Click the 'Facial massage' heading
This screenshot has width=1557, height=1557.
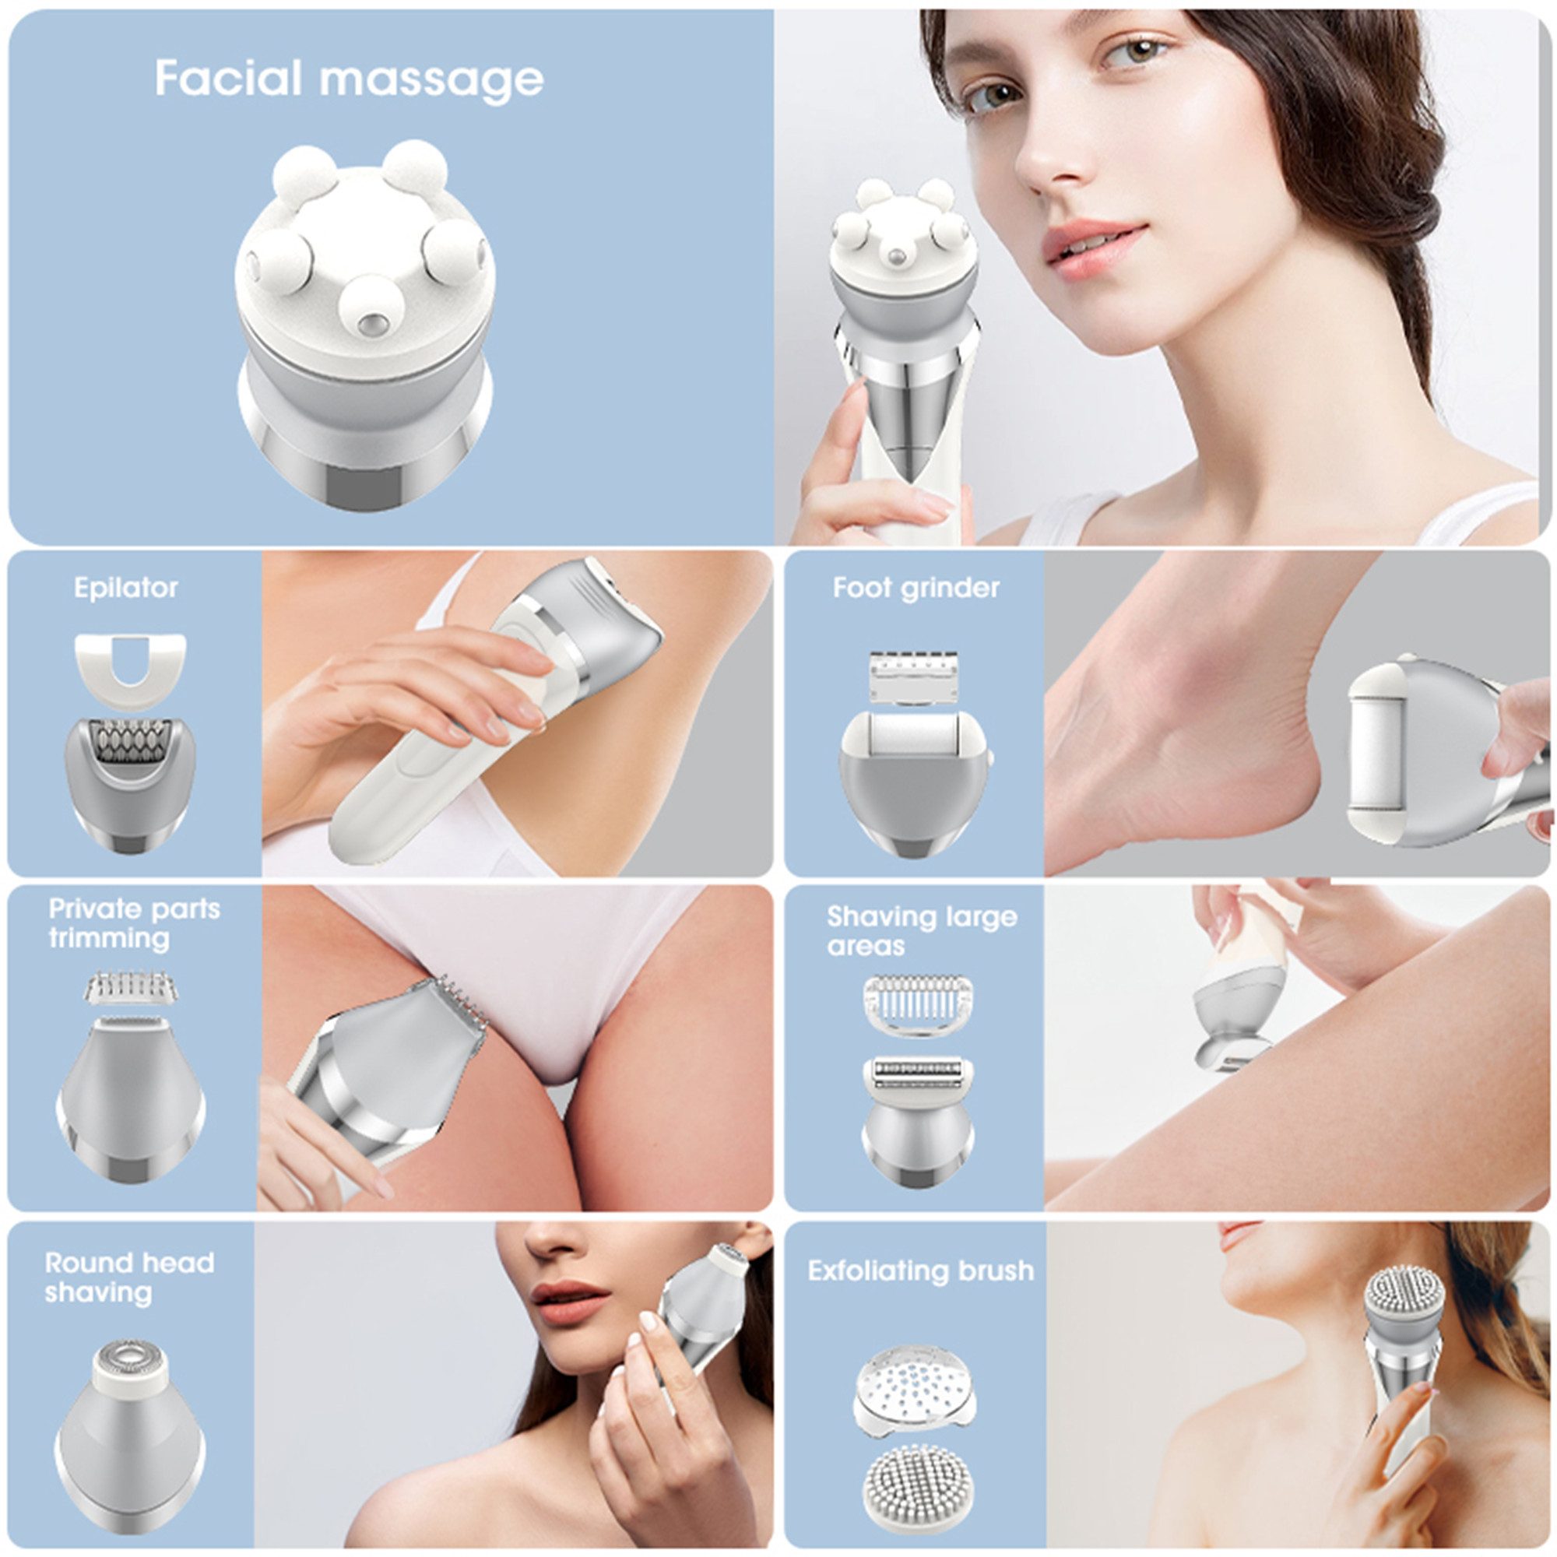(x=348, y=79)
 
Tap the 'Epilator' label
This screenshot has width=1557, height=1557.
(x=125, y=588)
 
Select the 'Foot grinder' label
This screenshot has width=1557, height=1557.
(x=916, y=588)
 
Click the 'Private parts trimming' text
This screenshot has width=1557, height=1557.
(x=133, y=923)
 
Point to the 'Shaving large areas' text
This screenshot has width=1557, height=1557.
(x=921, y=931)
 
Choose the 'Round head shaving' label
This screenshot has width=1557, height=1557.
(x=129, y=1278)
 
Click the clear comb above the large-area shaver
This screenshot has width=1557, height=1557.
(x=917, y=1004)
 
